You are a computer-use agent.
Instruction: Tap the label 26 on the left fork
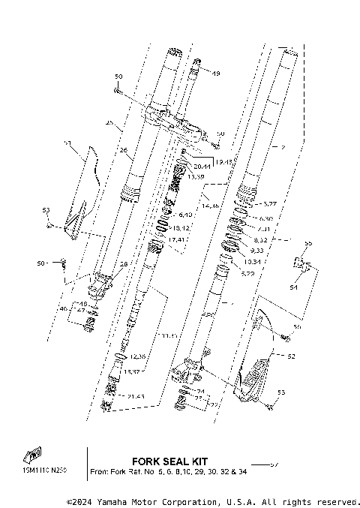click(x=124, y=149)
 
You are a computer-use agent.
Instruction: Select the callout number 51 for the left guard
click(x=67, y=142)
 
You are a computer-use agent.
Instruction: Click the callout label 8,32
click(x=259, y=239)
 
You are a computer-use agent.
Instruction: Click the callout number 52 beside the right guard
click(x=291, y=356)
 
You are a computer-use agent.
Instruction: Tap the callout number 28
click(x=124, y=263)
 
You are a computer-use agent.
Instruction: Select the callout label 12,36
click(x=137, y=357)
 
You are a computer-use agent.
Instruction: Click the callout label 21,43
click(x=136, y=395)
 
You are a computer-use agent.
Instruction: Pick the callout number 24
click(x=200, y=392)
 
